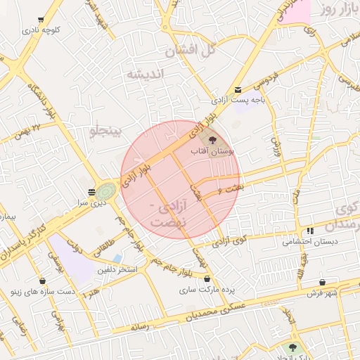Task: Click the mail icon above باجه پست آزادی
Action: pyautogui.click(x=238, y=89)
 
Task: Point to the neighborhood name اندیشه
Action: pyautogui.click(x=145, y=74)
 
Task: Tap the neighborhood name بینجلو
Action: pyautogui.click(x=107, y=131)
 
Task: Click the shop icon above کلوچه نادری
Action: pyautogui.click(x=41, y=20)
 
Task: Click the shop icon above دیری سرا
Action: pyautogui.click(x=92, y=192)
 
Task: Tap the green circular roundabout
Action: pyautogui.click(x=107, y=191)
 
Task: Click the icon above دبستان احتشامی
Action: pyautogui.click(x=310, y=231)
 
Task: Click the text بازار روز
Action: pyautogui.click(x=337, y=10)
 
